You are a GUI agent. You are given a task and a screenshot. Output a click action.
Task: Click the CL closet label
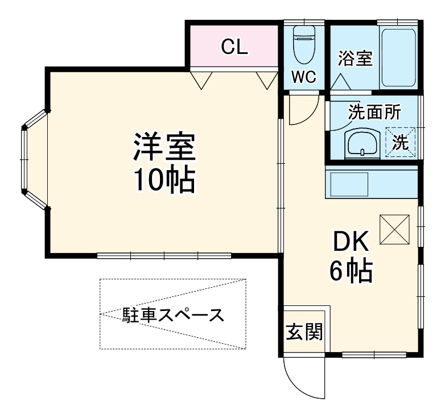pyautogui.click(x=234, y=47)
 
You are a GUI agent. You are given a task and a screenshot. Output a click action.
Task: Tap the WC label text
pyautogui.click(x=304, y=78)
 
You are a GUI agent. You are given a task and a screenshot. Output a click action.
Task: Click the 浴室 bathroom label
pyautogui.click(x=355, y=58)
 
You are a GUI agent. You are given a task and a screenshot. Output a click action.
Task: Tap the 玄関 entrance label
pyautogui.click(x=304, y=331)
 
